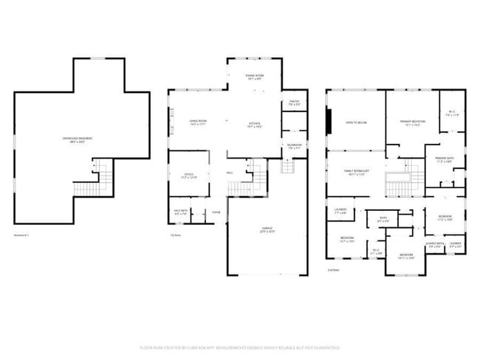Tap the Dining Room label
click(255, 77)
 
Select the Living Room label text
click(197, 122)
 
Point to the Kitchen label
click(255, 124)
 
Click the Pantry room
click(293, 103)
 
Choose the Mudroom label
click(293, 146)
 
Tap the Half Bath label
click(181, 212)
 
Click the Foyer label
click(216, 212)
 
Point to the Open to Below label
click(356, 122)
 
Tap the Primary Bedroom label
click(412, 122)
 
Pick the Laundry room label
click(340, 211)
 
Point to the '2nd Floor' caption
click(334, 270)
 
